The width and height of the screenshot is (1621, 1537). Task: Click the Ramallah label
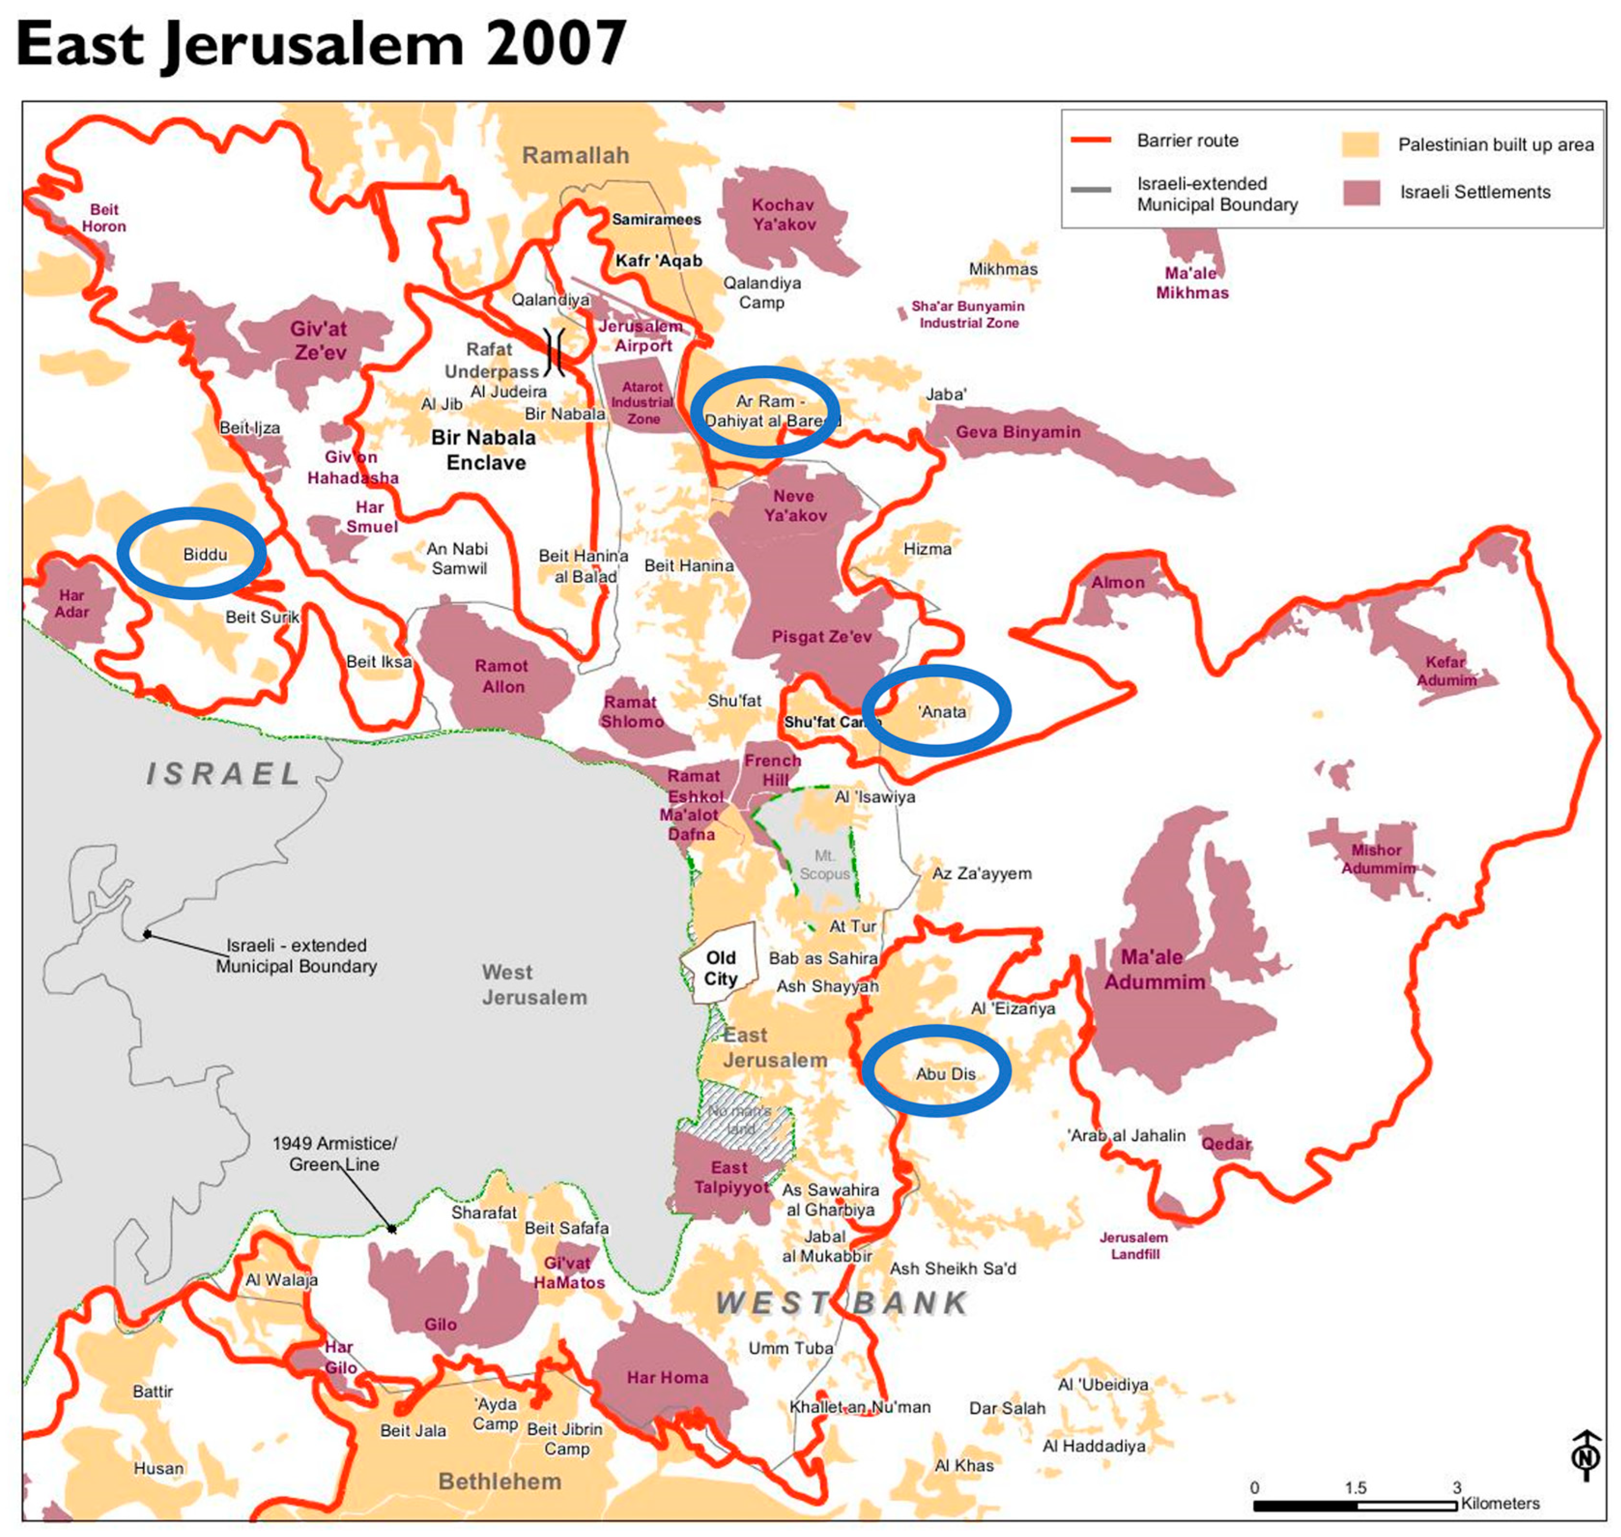tap(576, 155)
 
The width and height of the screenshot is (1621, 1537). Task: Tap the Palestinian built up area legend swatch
tap(1360, 144)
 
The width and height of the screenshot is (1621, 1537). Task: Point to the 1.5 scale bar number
tap(1355, 1487)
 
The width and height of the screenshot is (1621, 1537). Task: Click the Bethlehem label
tap(500, 1481)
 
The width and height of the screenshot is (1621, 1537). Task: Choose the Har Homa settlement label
tap(668, 1377)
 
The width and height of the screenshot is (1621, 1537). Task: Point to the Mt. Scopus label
tap(824, 864)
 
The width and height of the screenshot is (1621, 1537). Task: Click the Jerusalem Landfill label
tap(1134, 1246)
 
